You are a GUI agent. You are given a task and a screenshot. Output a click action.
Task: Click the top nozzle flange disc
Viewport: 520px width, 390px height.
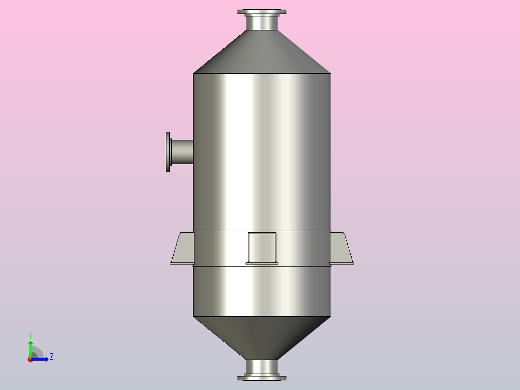click(x=261, y=12)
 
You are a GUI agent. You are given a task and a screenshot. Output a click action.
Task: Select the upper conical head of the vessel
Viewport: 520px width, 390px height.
click(x=261, y=53)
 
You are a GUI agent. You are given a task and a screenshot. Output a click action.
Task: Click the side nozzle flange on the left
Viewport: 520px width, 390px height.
click(x=168, y=152)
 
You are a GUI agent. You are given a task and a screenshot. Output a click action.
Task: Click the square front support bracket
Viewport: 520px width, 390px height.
click(x=262, y=247)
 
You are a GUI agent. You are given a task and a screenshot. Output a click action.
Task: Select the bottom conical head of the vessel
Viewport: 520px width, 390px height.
click(x=261, y=338)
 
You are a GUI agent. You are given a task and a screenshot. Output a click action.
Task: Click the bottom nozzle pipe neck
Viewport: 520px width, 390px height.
click(x=261, y=367)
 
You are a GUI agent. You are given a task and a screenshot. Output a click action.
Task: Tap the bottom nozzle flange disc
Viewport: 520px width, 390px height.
click(x=261, y=378)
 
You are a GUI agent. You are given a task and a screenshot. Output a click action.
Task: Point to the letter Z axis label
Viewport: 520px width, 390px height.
click(x=51, y=357)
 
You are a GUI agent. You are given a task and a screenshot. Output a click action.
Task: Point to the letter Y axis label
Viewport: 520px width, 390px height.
click(x=30, y=335)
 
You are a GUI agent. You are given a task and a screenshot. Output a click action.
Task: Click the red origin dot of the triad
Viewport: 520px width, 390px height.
click(x=30, y=360)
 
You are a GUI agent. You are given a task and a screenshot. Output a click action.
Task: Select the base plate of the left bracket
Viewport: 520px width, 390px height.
click(x=182, y=263)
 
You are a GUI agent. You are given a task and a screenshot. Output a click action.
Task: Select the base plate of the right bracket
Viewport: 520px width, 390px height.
click(x=342, y=263)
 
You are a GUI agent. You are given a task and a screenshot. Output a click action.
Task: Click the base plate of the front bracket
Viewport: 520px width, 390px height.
click(x=262, y=263)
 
